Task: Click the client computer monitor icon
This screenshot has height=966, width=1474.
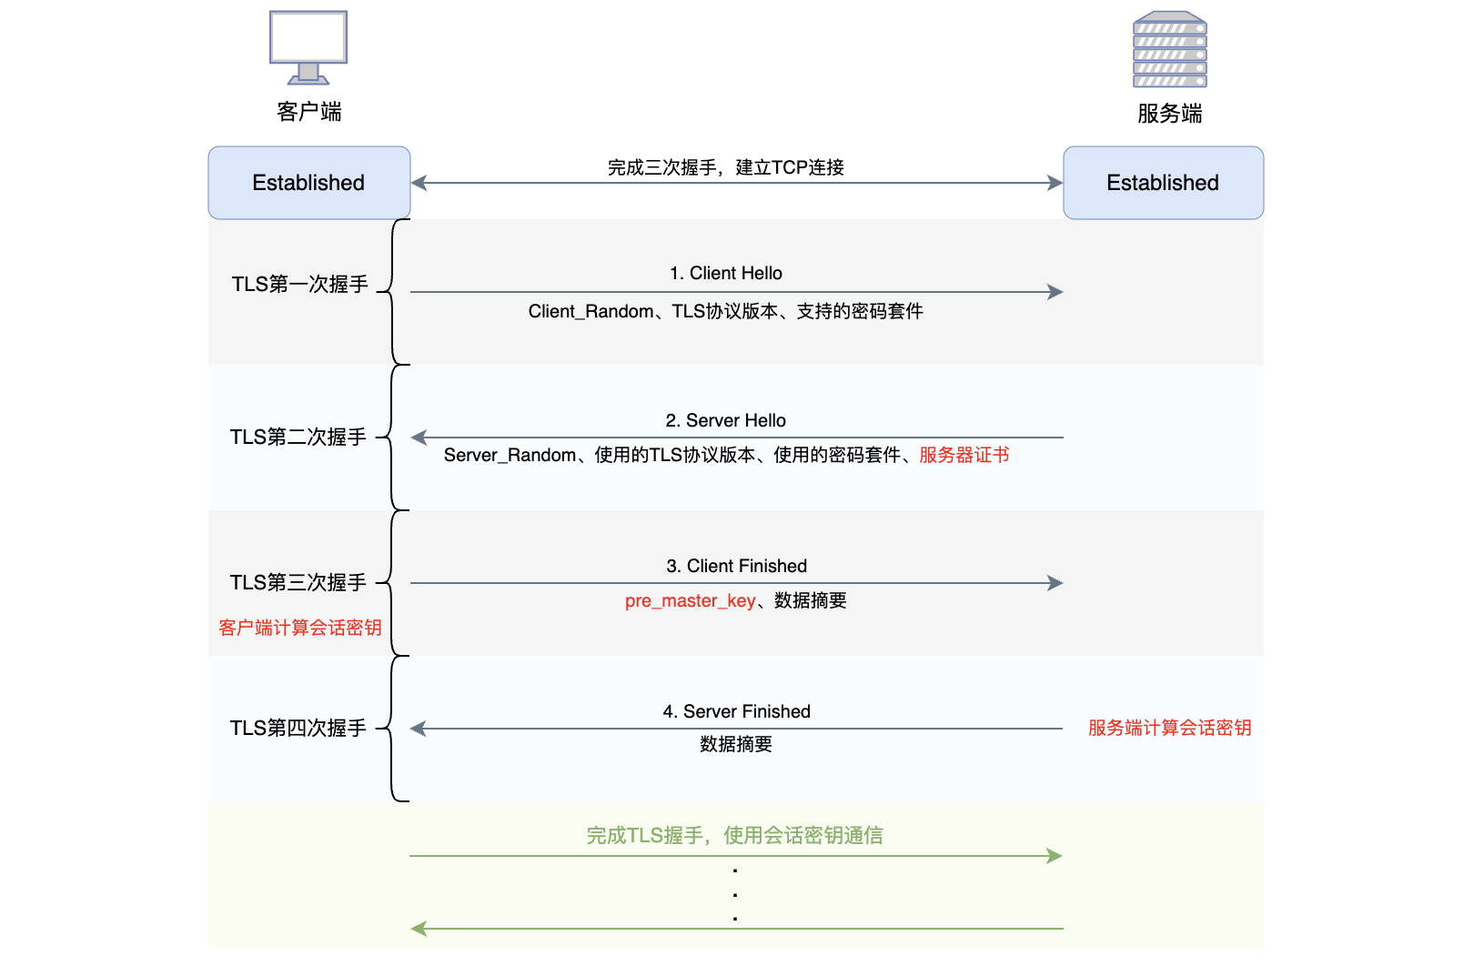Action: (308, 46)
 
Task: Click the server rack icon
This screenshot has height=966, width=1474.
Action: (1169, 49)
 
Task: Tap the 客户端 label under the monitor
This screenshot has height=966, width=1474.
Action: (308, 112)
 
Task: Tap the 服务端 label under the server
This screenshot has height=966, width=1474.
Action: (1169, 114)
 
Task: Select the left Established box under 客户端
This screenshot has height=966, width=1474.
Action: (308, 183)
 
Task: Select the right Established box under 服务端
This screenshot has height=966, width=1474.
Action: (1163, 183)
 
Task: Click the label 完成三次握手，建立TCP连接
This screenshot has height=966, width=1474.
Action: (725, 167)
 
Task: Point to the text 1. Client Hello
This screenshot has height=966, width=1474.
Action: (725, 273)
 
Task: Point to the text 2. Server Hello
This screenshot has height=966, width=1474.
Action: (725, 420)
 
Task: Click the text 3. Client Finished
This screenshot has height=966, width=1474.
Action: (736, 566)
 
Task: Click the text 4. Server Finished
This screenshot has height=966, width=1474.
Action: (736, 711)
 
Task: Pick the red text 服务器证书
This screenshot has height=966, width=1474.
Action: (964, 455)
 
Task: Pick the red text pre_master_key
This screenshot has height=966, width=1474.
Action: (690, 600)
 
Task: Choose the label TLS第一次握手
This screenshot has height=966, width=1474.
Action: (299, 285)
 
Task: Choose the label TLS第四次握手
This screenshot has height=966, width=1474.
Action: (298, 729)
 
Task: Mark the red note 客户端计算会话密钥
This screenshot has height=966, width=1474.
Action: (299, 628)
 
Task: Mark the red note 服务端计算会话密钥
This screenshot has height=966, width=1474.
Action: (1169, 728)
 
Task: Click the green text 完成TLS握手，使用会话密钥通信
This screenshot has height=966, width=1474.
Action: (734, 835)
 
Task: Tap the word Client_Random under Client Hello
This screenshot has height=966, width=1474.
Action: (591, 311)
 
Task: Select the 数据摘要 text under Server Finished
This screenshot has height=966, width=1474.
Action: (735, 744)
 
